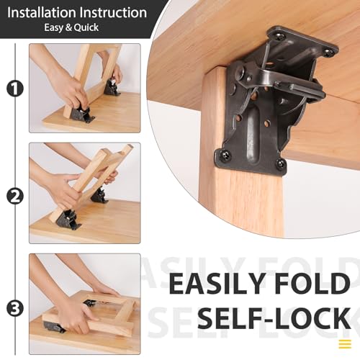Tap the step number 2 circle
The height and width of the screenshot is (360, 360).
coord(13,196)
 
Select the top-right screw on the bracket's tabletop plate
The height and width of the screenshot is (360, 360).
coord(328,52)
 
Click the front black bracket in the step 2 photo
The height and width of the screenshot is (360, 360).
coord(70,219)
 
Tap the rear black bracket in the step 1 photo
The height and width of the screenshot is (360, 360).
coord(112,86)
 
